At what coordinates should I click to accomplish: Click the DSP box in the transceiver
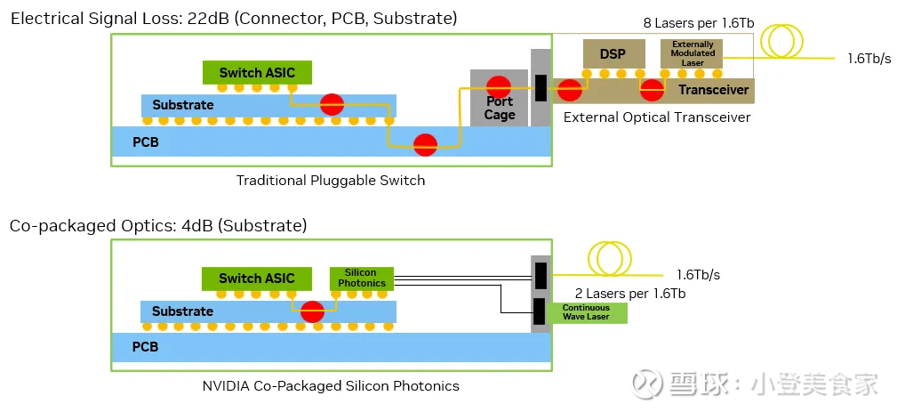[x=613, y=54]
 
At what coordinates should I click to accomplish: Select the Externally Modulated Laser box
[x=693, y=53]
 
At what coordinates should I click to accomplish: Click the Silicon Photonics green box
[x=361, y=278]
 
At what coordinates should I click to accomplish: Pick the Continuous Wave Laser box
[x=586, y=312]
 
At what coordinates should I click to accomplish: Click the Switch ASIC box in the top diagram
[x=256, y=72]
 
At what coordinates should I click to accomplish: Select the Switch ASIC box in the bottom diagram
[x=256, y=279]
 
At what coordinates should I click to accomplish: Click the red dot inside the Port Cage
[x=499, y=86]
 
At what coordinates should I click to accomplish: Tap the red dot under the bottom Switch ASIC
[x=312, y=312]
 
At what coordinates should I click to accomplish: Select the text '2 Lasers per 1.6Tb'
[x=630, y=293]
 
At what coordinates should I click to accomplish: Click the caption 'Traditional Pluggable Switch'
[x=330, y=181]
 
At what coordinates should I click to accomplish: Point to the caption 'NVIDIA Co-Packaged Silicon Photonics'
[x=331, y=386]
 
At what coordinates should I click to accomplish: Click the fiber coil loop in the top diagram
[x=786, y=40]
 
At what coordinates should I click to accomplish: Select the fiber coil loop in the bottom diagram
[x=609, y=259]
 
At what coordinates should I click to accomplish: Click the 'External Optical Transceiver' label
[x=657, y=117]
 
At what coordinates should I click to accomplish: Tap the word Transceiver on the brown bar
[x=713, y=90]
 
